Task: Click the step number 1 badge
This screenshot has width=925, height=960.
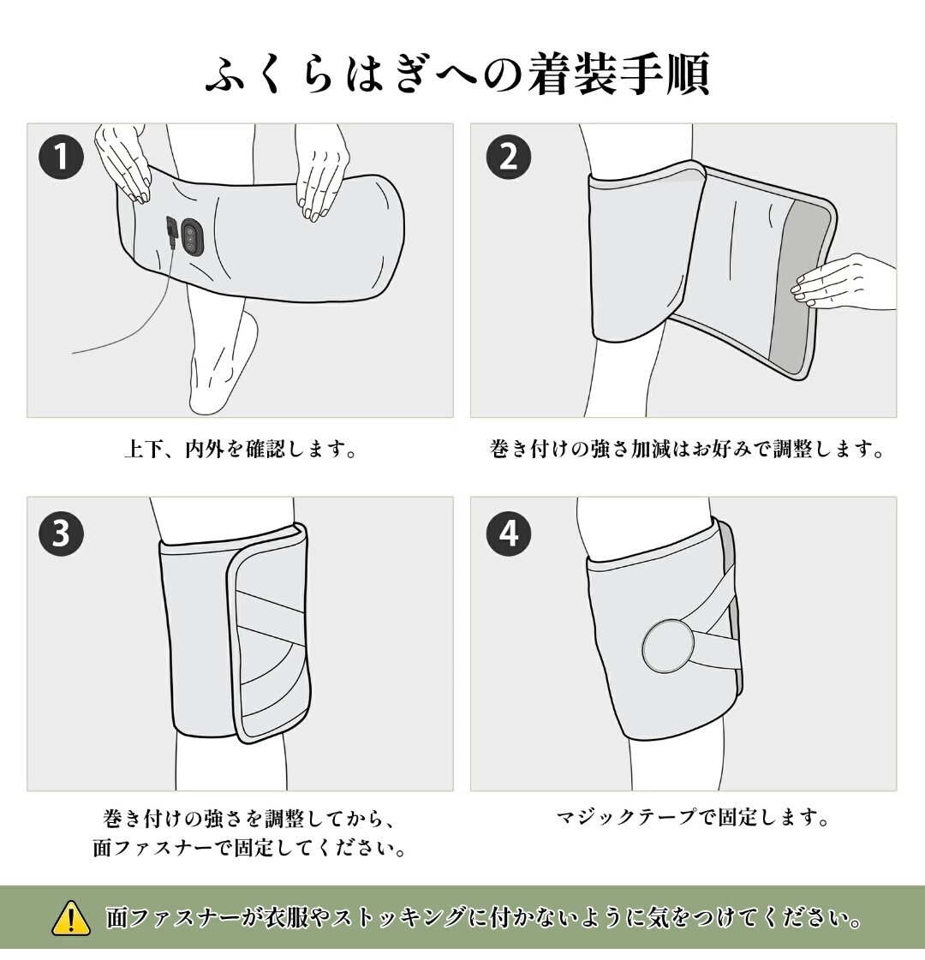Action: pyautogui.click(x=61, y=157)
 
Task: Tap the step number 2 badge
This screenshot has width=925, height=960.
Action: pyautogui.click(x=509, y=157)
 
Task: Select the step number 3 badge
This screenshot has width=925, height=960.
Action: pyautogui.click(x=61, y=533)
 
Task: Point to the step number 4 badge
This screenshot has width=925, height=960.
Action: pyautogui.click(x=509, y=533)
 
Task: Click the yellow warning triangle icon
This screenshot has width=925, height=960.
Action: pyautogui.click(x=71, y=918)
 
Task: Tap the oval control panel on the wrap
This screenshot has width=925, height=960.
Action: pyautogui.click(x=192, y=236)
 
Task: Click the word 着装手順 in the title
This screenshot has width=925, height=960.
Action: pyautogui.click(x=618, y=75)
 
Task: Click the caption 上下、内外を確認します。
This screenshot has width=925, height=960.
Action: pyautogui.click(x=240, y=450)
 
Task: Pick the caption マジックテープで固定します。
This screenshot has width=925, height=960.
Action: pyautogui.click(x=693, y=817)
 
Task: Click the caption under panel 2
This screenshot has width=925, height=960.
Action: pyautogui.click(x=687, y=450)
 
